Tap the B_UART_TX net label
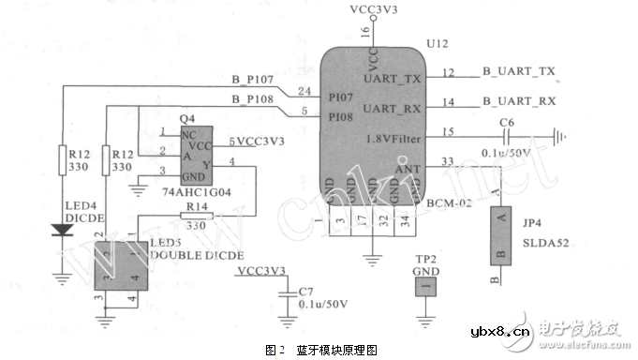point(519,71)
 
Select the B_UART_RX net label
point(519,100)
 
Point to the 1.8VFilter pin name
point(387,139)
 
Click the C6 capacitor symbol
point(507,136)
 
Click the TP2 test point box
point(424,282)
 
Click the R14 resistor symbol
point(196,217)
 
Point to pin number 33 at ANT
point(449,161)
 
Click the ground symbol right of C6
point(560,136)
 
